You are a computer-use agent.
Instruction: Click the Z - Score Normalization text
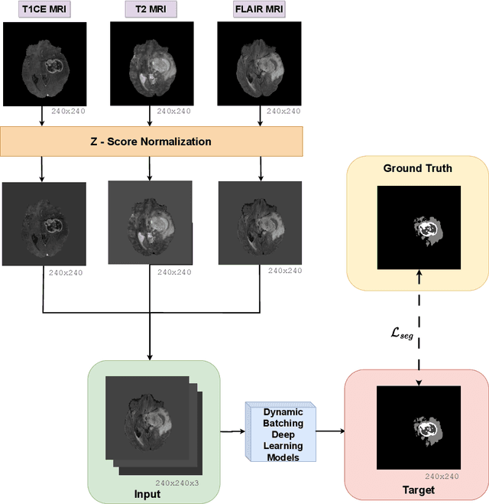[151, 141]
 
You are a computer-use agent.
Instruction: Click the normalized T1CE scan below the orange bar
[43, 223]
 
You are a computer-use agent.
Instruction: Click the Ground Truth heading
[417, 168]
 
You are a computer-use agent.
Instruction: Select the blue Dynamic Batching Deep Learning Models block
[277, 431]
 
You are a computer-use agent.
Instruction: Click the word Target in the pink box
[418, 489]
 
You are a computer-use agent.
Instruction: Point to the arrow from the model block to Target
[329, 431]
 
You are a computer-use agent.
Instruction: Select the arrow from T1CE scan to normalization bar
[42, 116]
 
